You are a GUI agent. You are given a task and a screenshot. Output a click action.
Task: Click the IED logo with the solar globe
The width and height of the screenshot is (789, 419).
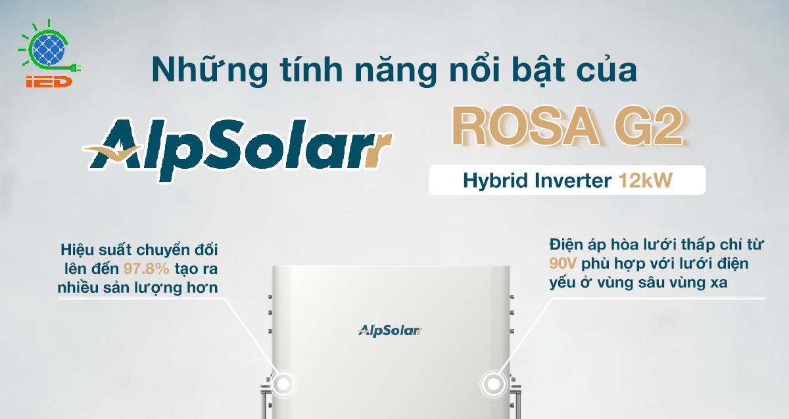point(49,53)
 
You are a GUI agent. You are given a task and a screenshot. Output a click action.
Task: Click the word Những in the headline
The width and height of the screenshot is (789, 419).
point(209,70)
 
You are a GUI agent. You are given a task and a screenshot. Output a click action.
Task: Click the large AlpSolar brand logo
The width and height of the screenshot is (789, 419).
point(238,149)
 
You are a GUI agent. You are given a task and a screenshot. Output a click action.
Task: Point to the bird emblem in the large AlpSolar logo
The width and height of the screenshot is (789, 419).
point(112,152)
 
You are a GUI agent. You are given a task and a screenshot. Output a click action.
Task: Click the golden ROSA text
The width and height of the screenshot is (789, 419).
point(525,126)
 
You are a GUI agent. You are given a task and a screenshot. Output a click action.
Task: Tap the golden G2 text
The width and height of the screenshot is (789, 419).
point(649,126)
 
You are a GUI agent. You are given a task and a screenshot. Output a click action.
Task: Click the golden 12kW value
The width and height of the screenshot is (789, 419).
point(646,181)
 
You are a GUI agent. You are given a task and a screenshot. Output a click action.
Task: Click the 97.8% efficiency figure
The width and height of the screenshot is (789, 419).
point(146,269)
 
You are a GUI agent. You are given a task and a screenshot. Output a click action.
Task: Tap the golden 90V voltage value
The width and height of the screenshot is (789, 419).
point(563,263)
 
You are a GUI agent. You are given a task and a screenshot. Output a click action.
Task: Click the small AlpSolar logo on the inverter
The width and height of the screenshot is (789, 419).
point(390,330)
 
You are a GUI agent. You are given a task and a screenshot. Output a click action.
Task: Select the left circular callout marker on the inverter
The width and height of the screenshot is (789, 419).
point(283,384)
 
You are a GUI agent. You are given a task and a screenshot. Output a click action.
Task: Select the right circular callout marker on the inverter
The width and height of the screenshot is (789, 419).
point(494,384)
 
